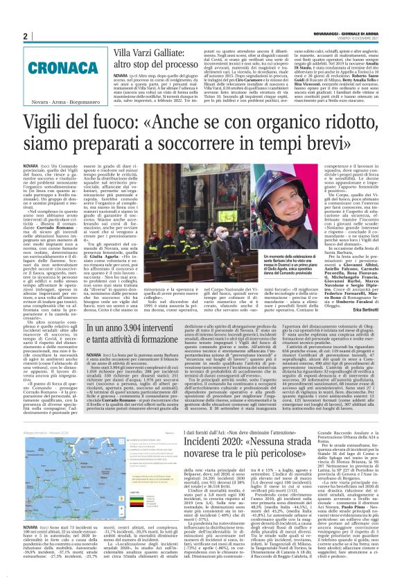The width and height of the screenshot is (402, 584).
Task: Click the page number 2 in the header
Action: (24, 35)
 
